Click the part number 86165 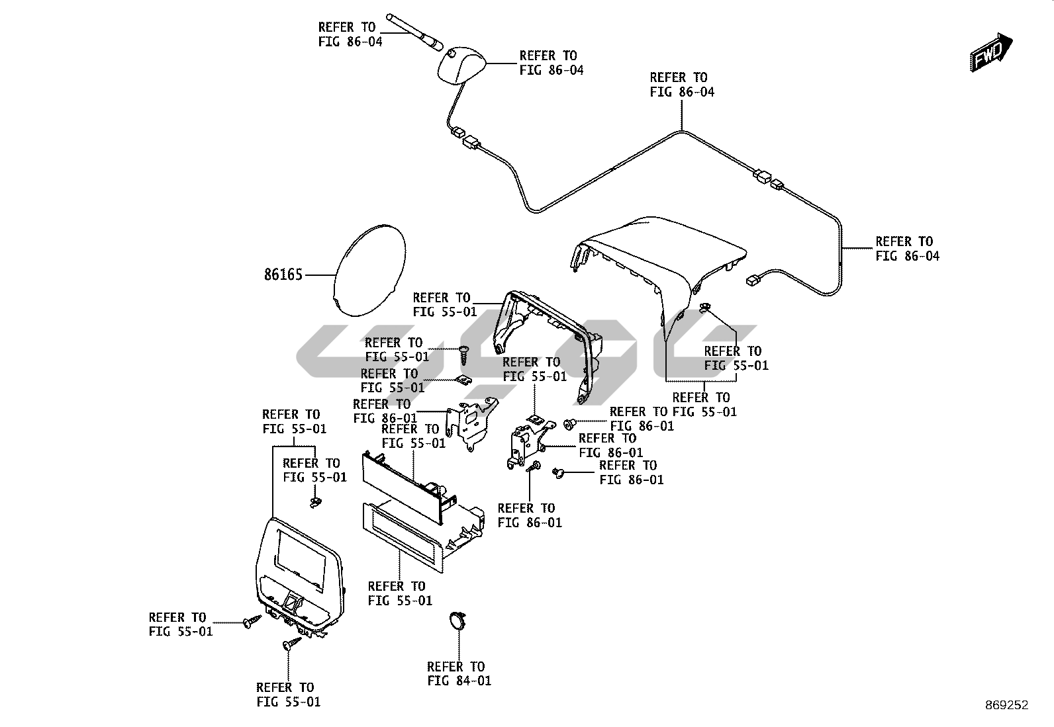[283, 275]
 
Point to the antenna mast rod [414, 31]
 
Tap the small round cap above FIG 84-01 [457, 620]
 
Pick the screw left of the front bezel [252, 622]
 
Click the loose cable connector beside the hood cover [753, 280]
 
